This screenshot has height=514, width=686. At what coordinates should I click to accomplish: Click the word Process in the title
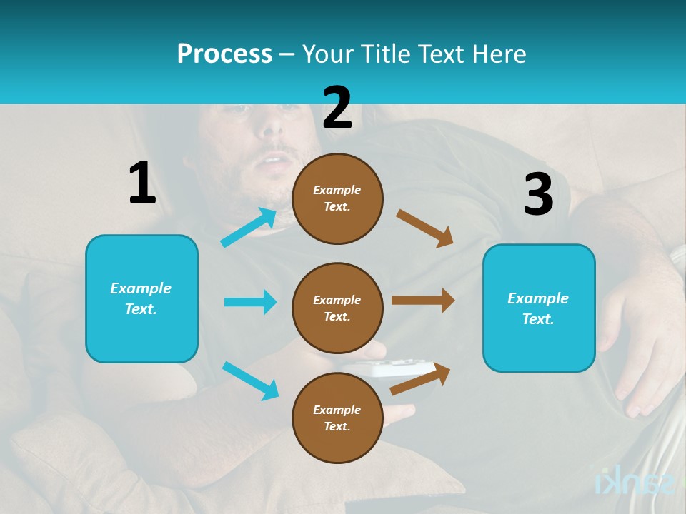(x=224, y=54)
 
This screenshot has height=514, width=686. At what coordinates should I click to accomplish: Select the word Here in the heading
(x=497, y=54)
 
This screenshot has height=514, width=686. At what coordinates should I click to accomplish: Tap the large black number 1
(x=141, y=183)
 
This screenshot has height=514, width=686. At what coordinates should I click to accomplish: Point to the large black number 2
(x=337, y=108)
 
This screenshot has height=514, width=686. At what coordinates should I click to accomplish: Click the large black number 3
(x=538, y=194)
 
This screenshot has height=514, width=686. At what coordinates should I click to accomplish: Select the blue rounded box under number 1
(x=141, y=298)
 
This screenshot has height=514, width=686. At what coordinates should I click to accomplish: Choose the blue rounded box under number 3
(x=539, y=308)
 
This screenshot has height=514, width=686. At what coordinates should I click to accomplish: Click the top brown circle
(x=337, y=198)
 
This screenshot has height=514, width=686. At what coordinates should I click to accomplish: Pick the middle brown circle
(x=337, y=308)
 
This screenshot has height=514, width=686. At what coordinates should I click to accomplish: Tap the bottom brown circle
(x=337, y=418)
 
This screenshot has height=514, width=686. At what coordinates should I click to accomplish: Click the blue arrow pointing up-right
(x=249, y=228)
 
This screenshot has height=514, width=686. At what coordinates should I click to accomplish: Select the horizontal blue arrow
(x=250, y=302)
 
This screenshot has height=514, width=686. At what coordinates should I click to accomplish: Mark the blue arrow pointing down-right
(x=250, y=381)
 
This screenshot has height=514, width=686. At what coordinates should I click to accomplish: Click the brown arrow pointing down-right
(x=424, y=228)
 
